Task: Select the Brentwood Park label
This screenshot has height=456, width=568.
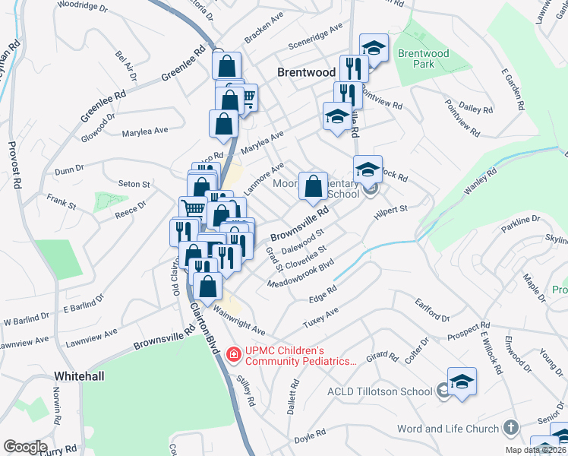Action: pyautogui.click(x=423, y=59)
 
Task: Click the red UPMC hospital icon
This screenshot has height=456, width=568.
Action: pyautogui.click(x=233, y=353)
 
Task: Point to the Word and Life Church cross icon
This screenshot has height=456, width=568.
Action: pyautogui.click(x=510, y=429)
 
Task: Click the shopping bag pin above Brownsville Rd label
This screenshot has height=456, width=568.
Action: pyautogui.click(x=313, y=185)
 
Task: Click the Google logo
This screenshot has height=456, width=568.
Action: pyautogui.click(x=25, y=447)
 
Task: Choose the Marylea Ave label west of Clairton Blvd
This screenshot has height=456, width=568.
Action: pyautogui.click(x=145, y=131)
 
